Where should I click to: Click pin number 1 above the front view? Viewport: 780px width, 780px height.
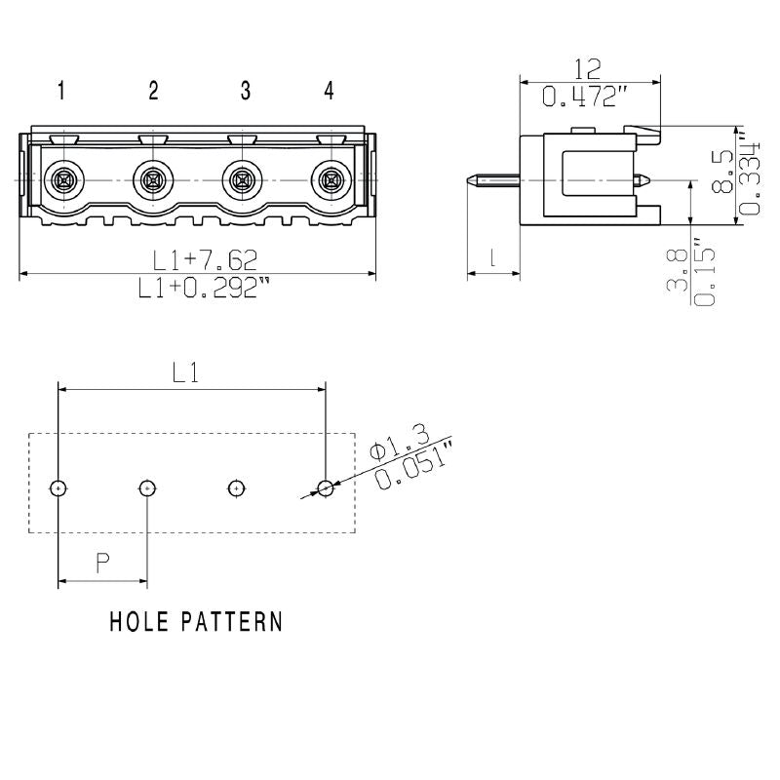click(x=61, y=91)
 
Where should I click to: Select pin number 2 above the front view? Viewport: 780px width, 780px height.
click(x=153, y=91)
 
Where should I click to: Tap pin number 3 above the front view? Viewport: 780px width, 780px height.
click(x=246, y=91)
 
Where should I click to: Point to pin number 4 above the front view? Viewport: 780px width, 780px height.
click(x=330, y=91)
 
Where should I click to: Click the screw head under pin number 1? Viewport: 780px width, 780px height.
click(x=62, y=180)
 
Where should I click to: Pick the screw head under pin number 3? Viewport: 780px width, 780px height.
click(x=241, y=180)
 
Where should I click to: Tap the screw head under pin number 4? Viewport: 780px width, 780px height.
click(x=330, y=180)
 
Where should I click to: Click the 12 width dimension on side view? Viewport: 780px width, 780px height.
click(x=587, y=68)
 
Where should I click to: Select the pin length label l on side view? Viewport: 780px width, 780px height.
click(x=492, y=258)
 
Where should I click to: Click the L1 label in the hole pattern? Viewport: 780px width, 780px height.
click(x=186, y=372)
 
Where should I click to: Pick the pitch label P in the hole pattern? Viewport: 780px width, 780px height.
click(x=101, y=562)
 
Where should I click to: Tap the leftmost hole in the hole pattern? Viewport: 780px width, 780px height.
click(x=58, y=487)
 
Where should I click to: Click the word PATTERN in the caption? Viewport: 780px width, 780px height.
click(x=230, y=621)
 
